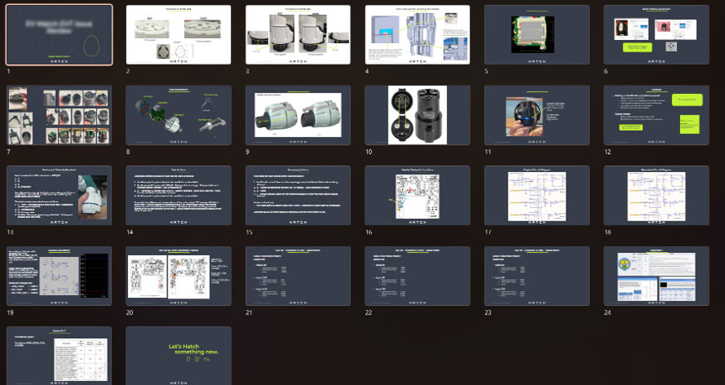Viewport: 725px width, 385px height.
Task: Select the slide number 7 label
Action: [x=9, y=152]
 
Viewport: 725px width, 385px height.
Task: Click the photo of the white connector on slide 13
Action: [x=93, y=196]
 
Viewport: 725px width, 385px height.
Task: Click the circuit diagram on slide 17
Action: [x=536, y=196]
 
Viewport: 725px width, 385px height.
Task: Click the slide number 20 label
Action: [x=130, y=313]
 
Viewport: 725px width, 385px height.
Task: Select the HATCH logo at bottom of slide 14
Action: [x=178, y=220]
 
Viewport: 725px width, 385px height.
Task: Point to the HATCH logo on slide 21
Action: [x=297, y=301]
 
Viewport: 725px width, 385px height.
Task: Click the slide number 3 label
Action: [x=248, y=72]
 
